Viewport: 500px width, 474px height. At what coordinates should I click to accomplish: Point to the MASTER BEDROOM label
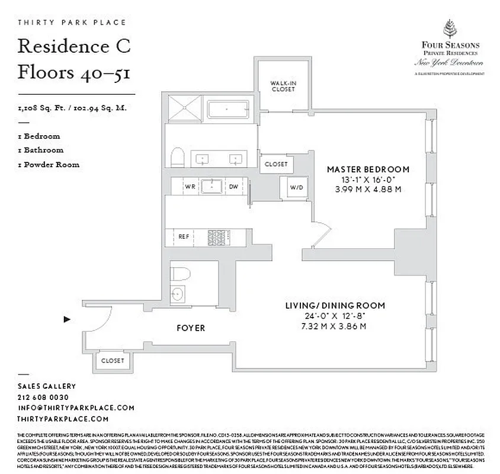[x=368, y=169]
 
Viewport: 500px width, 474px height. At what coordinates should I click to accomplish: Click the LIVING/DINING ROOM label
[x=335, y=306]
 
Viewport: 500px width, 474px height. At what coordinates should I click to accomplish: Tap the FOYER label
[x=191, y=328]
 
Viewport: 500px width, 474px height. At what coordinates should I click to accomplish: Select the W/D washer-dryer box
[x=296, y=188]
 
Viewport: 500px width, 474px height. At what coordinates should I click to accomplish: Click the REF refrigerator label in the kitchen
[x=184, y=236]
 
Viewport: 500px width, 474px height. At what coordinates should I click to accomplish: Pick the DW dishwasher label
[x=233, y=186]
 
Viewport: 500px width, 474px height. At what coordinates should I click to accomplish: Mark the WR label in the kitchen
[x=190, y=186]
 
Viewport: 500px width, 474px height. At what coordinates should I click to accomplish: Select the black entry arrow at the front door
[x=67, y=319]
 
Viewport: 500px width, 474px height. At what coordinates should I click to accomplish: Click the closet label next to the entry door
[x=113, y=360]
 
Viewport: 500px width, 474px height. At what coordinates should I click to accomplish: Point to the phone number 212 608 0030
[x=43, y=397]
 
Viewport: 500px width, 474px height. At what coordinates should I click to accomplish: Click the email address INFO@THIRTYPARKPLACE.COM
[x=76, y=408]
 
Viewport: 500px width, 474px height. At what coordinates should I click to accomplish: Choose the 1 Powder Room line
[x=49, y=165]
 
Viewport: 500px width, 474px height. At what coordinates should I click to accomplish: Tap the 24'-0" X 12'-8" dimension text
[x=335, y=316]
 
